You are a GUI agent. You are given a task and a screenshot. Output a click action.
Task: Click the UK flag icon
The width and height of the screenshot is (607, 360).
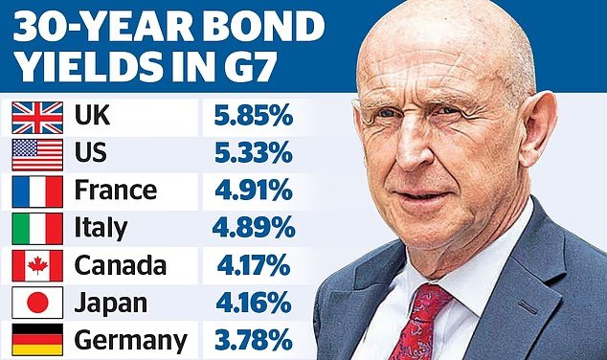(37, 118)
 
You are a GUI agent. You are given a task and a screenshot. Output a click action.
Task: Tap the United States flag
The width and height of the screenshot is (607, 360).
(37, 155)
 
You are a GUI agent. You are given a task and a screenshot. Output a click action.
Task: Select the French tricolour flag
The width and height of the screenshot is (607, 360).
(37, 192)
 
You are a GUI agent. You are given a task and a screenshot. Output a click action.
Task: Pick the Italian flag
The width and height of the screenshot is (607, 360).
(37, 229)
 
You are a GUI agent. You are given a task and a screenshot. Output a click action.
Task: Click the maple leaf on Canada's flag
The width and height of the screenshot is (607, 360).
(37, 265)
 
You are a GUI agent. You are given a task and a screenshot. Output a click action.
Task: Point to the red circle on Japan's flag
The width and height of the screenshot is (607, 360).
(38, 303)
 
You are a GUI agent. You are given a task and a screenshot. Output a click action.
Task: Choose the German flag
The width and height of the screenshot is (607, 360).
(37, 340)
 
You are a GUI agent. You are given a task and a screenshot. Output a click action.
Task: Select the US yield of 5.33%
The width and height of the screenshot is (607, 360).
(254, 152)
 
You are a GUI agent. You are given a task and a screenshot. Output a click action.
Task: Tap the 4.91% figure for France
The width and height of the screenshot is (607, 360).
(254, 190)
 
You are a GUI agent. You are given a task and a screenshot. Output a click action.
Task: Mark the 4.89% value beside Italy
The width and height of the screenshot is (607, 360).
(254, 227)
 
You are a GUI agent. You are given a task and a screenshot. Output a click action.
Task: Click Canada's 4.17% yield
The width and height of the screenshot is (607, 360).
(254, 265)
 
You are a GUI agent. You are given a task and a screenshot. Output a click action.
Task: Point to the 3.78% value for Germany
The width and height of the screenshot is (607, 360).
(254, 340)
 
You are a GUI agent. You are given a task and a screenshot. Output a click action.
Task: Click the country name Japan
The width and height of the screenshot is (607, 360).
(111, 304)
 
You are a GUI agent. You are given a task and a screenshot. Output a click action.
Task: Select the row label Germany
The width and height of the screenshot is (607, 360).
(130, 341)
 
